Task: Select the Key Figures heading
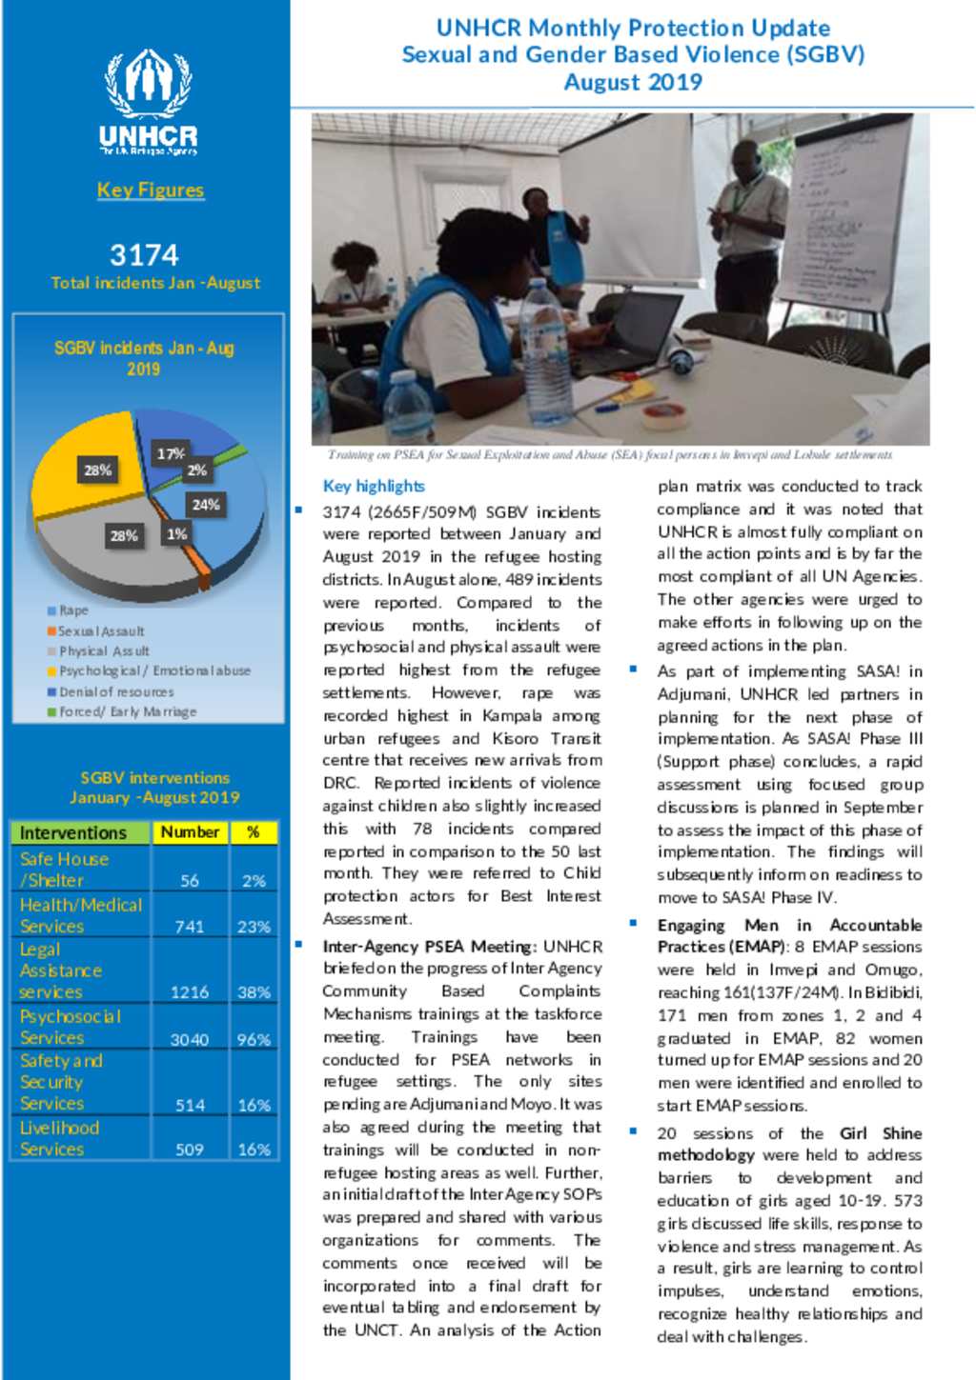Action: click(x=151, y=190)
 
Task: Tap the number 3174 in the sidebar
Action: click(x=144, y=255)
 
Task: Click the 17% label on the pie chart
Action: click(x=171, y=454)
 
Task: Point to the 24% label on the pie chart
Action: click(x=206, y=505)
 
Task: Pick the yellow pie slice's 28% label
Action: click(x=97, y=470)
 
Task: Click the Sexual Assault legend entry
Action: click(x=100, y=631)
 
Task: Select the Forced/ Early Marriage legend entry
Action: click(x=127, y=711)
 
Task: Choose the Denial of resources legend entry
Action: click(x=115, y=691)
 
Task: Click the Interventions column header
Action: click(x=73, y=832)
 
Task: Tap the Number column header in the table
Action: click(x=190, y=832)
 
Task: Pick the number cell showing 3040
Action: click(x=190, y=1039)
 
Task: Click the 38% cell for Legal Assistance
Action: click(x=254, y=991)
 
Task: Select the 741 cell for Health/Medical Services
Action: click(x=190, y=926)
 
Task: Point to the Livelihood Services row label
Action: click(x=59, y=1138)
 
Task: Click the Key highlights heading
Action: click(x=374, y=486)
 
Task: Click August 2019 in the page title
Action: click(x=633, y=82)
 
